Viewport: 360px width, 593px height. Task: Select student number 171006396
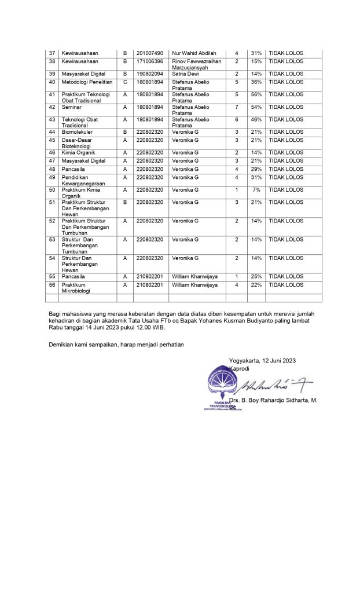(150, 61)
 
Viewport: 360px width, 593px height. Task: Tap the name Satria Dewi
(186, 74)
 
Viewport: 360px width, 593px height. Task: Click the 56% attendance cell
(256, 94)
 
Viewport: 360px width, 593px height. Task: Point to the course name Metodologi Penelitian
(87, 82)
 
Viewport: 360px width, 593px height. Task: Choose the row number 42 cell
(52, 107)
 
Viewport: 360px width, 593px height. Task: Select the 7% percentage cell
(256, 190)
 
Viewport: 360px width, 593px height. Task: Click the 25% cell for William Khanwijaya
(256, 277)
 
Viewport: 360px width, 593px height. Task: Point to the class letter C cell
(124, 82)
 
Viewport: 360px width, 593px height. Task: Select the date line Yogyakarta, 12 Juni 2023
(262, 361)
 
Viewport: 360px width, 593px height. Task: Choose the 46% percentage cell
(256, 119)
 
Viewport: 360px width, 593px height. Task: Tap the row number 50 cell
(52, 190)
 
